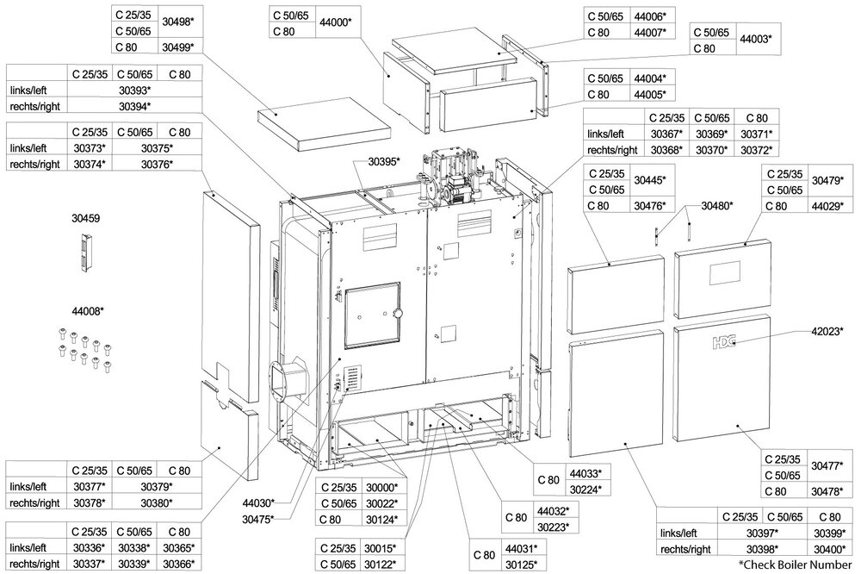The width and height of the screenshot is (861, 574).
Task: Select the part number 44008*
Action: click(x=88, y=310)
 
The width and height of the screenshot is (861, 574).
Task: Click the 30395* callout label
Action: click(x=385, y=161)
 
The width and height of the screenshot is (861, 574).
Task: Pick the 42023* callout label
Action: click(x=829, y=329)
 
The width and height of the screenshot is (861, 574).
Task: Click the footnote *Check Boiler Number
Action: click(x=799, y=565)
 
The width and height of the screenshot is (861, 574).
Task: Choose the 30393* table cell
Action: click(x=133, y=90)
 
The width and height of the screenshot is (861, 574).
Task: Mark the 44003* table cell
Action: click(x=757, y=40)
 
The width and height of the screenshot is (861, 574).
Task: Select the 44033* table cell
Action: click(x=585, y=473)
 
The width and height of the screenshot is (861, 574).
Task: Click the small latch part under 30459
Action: click(x=84, y=255)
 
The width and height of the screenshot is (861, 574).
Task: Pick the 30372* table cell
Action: click(x=758, y=150)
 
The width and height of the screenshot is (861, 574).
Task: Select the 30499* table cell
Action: click(x=178, y=47)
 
